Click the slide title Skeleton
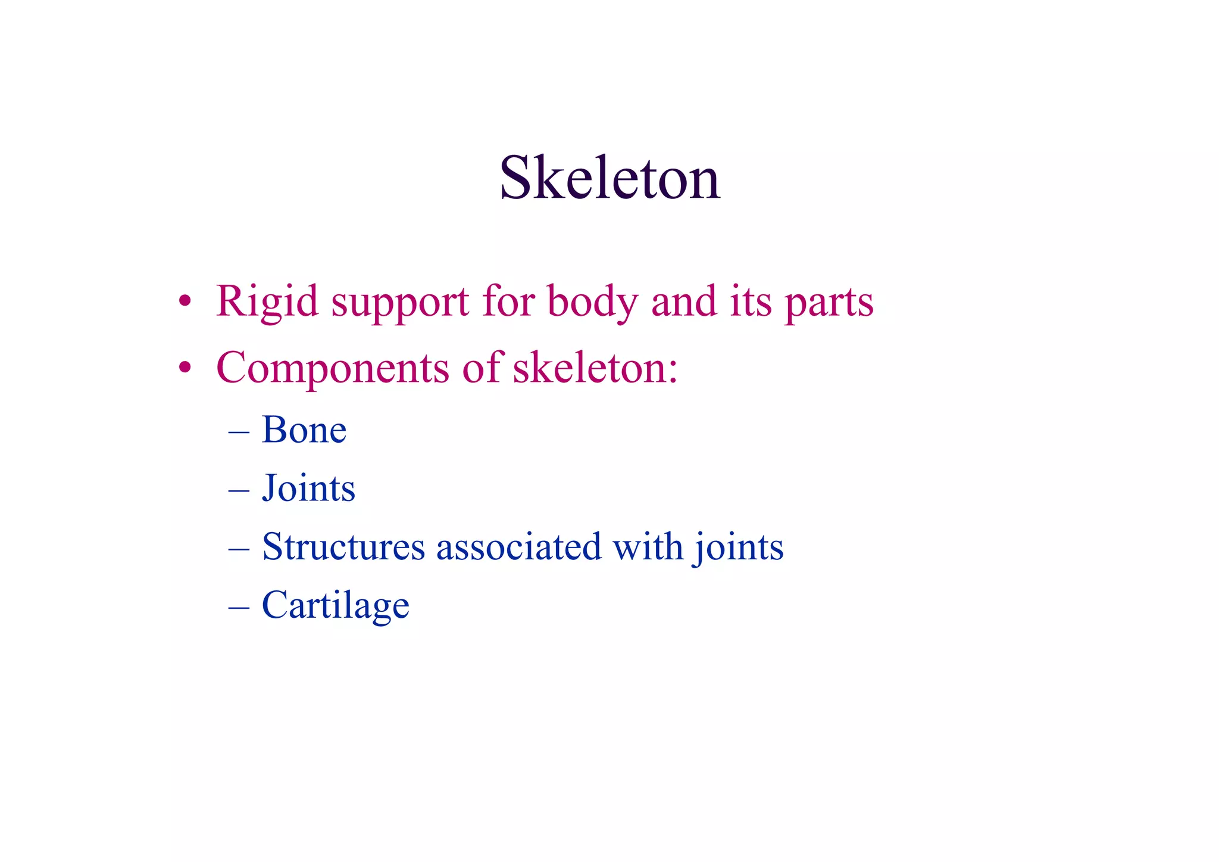coord(609,178)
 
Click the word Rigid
coord(267,302)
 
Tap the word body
coord(592,302)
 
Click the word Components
coord(332,368)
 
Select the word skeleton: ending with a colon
coord(595,367)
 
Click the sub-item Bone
coord(304,430)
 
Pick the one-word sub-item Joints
coord(308,488)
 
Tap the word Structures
coord(343,546)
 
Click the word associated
coord(518,546)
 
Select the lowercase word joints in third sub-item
coord(738,547)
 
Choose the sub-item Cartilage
coord(336,605)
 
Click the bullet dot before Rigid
coord(185,301)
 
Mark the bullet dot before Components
coord(185,368)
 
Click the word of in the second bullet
coord(483,367)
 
